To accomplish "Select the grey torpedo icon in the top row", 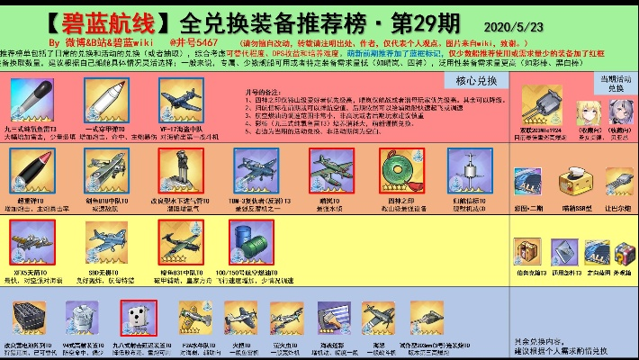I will [33, 101].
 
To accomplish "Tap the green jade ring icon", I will [395, 168].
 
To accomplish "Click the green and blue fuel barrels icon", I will [248, 240].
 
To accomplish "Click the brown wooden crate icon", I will [526, 250].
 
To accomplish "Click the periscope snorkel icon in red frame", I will [179, 168].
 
